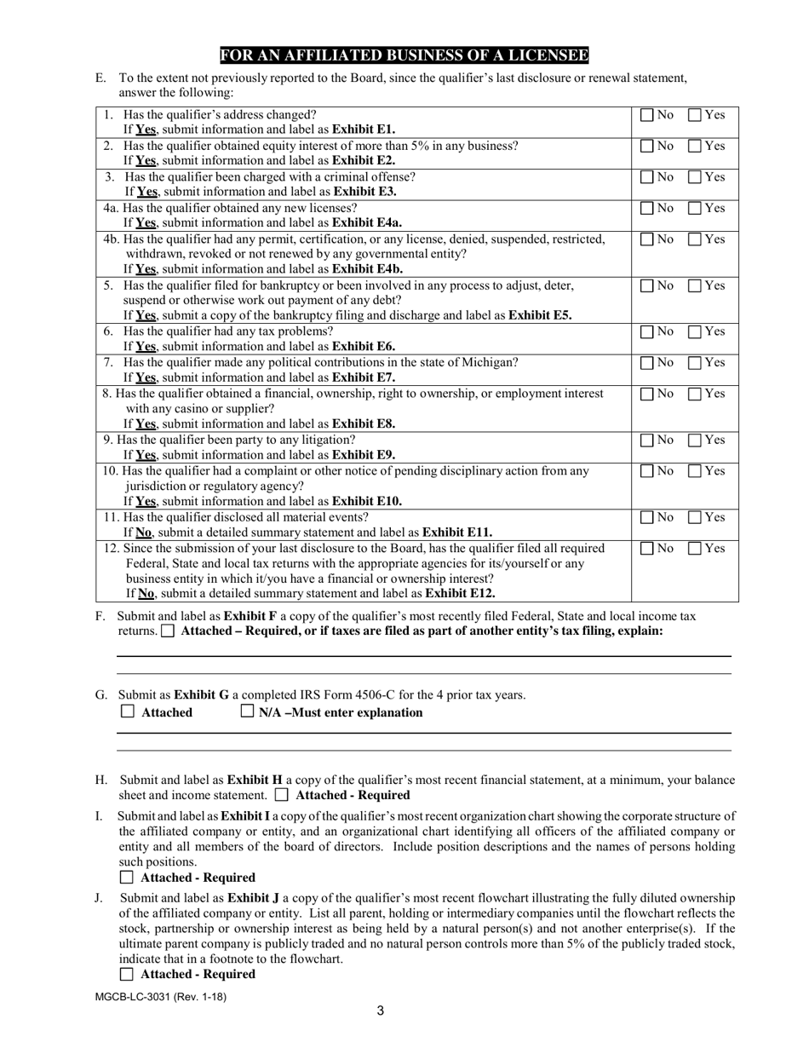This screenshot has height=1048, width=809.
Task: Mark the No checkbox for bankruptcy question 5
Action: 647,285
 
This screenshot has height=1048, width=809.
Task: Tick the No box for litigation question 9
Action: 647,441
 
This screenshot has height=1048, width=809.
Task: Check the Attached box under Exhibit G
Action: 128,711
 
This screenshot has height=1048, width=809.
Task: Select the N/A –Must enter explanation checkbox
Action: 248,711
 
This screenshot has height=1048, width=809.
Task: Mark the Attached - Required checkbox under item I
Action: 128,877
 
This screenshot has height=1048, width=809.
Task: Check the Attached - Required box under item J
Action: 128,973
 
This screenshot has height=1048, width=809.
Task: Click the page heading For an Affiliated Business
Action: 404,56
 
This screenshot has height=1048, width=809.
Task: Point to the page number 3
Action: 380,1011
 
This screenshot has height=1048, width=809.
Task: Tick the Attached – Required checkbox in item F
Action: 168,631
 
